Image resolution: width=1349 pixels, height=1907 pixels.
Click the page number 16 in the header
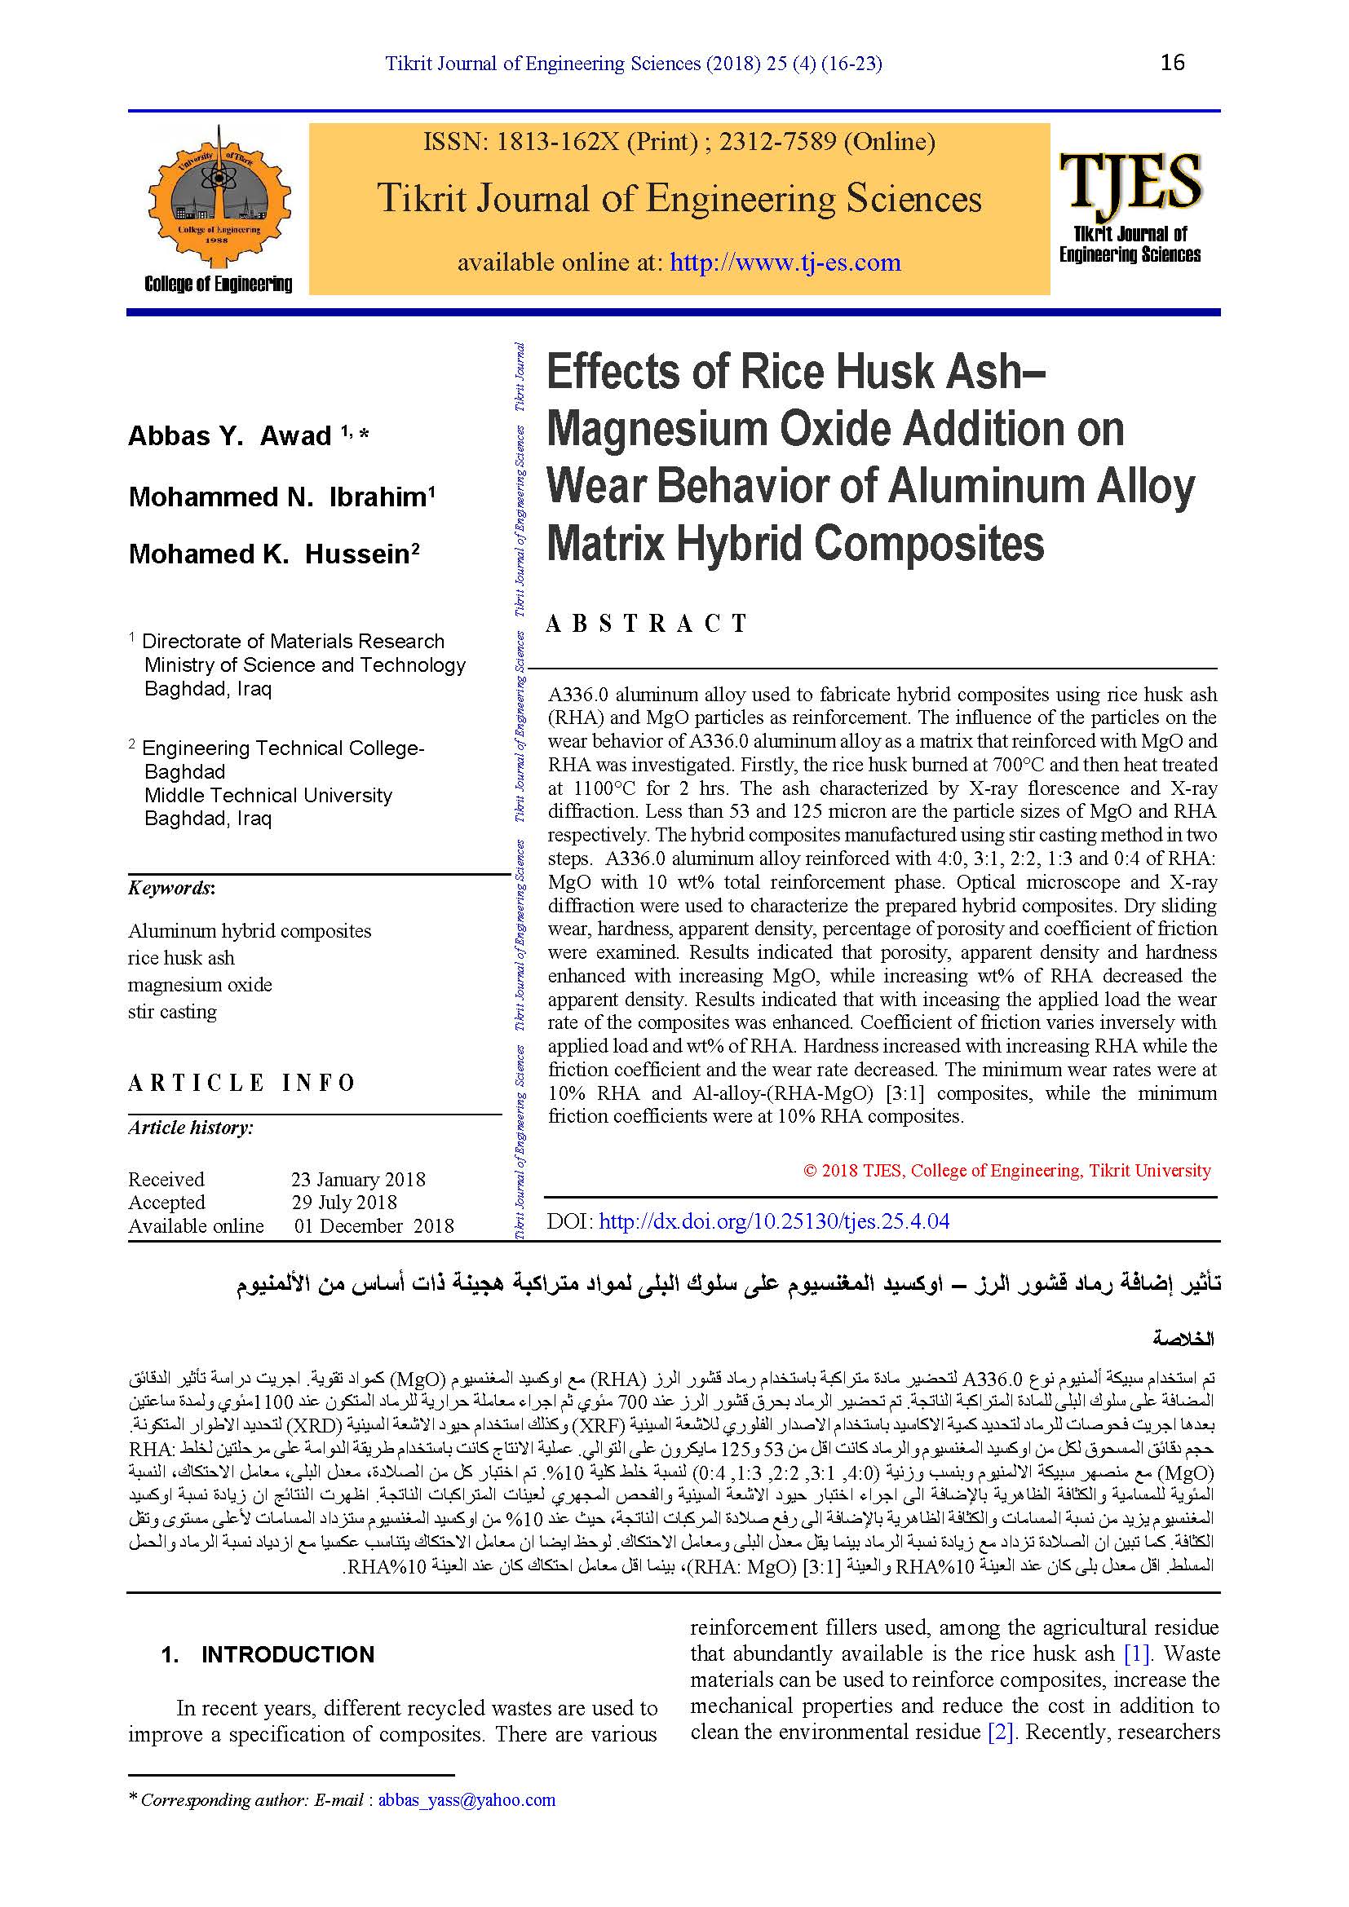coord(1172,62)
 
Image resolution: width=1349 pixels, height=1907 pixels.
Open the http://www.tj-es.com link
coord(785,263)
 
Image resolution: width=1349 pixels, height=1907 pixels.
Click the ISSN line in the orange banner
coord(679,142)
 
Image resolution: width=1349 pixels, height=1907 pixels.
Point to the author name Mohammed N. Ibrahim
coord(281,497)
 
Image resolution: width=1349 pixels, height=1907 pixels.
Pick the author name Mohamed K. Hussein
coord(273,554)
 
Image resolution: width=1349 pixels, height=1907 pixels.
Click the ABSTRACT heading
coord(647,623)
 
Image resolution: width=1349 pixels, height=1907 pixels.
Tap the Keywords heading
coord(171,888)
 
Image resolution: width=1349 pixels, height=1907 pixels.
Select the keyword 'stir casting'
coord(172,1012)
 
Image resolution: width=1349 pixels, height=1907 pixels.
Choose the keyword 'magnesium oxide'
coord(199,984)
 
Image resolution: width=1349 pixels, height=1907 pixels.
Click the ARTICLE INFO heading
coord(241,1083)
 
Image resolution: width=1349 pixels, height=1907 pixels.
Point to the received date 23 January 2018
coord(358,1180)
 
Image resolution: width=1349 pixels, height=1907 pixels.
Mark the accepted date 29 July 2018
coord(344,1202)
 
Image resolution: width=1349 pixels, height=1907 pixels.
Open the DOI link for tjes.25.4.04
coord(773,1221)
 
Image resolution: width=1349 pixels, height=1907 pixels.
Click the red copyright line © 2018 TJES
coord(1006,1170)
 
